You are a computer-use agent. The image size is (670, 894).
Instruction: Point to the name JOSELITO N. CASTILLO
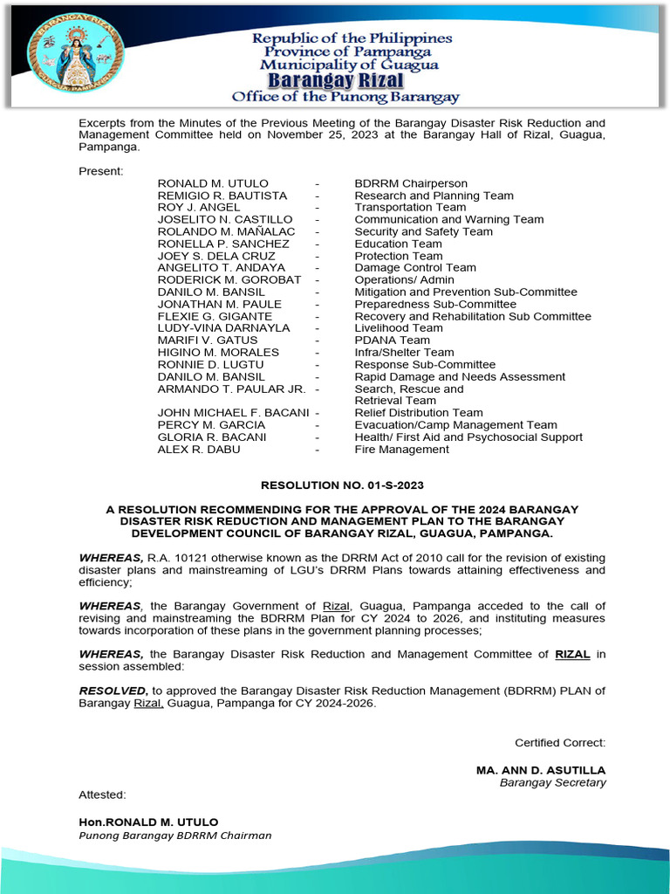[225, 220]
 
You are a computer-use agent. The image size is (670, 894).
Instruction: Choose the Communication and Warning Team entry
[448, 220]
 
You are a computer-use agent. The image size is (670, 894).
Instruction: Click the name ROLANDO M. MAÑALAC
[226, 232]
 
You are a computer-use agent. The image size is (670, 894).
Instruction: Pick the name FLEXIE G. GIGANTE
[215, 316]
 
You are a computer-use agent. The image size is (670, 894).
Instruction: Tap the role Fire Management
[401, 450]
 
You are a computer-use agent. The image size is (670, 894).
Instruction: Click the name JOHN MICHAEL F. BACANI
[233, 413]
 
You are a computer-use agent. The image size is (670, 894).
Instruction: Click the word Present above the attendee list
[100, 171]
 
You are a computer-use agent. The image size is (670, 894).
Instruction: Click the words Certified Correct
[559, 743]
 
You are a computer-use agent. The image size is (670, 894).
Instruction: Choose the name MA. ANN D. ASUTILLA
[540, 771]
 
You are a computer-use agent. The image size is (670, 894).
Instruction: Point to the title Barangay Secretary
[552, 783]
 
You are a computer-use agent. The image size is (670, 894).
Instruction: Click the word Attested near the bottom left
[102, 794]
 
